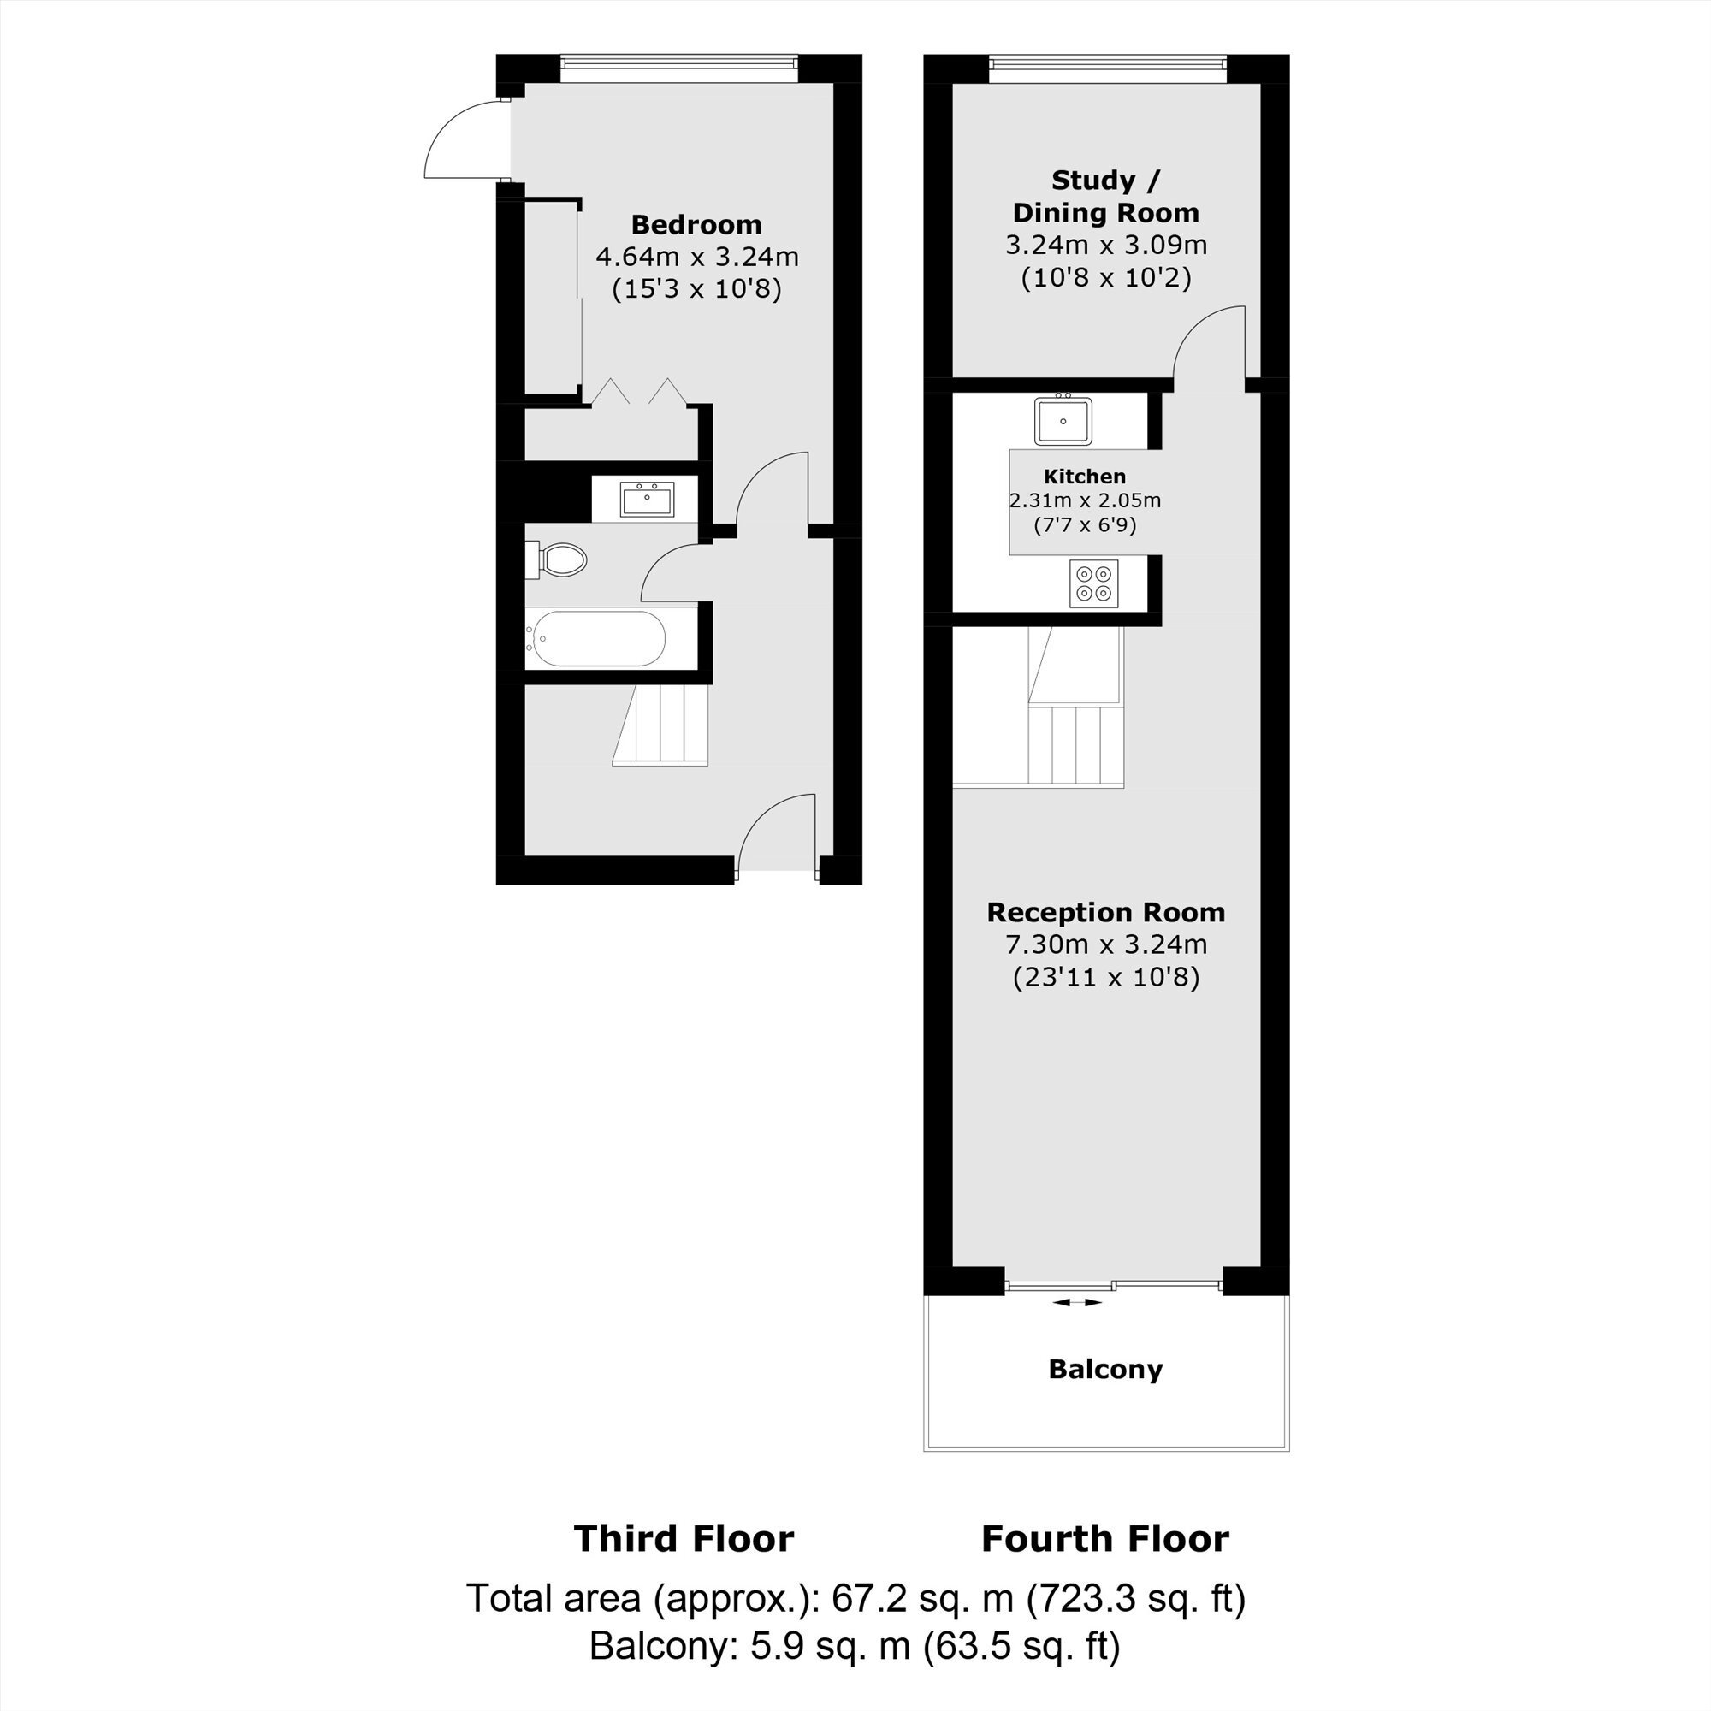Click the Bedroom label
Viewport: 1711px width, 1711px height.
pos(696,225)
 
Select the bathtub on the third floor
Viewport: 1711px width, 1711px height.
pos(595,638)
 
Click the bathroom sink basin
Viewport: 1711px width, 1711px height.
pos(647,499)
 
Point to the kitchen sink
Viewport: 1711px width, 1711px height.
pos(1063,420)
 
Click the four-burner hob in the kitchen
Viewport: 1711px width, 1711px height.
pos(1093,583)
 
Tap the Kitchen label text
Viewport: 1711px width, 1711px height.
pos(1085,477)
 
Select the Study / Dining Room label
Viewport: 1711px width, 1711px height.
pos(1105,197)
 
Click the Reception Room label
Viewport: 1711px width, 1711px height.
pos(1105,912)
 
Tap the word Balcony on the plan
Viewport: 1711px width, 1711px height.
pos(1105,1369)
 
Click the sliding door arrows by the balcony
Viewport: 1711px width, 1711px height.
pos(1078,1303)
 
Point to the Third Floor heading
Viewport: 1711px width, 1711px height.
pos(684,1539)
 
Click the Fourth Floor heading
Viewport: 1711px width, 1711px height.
pos(1105,1539)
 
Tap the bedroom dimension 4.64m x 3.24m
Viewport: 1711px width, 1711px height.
pos(697,257)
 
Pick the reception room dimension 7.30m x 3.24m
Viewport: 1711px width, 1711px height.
pos(1105,944)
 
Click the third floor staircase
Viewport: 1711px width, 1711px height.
pos(660,726)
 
